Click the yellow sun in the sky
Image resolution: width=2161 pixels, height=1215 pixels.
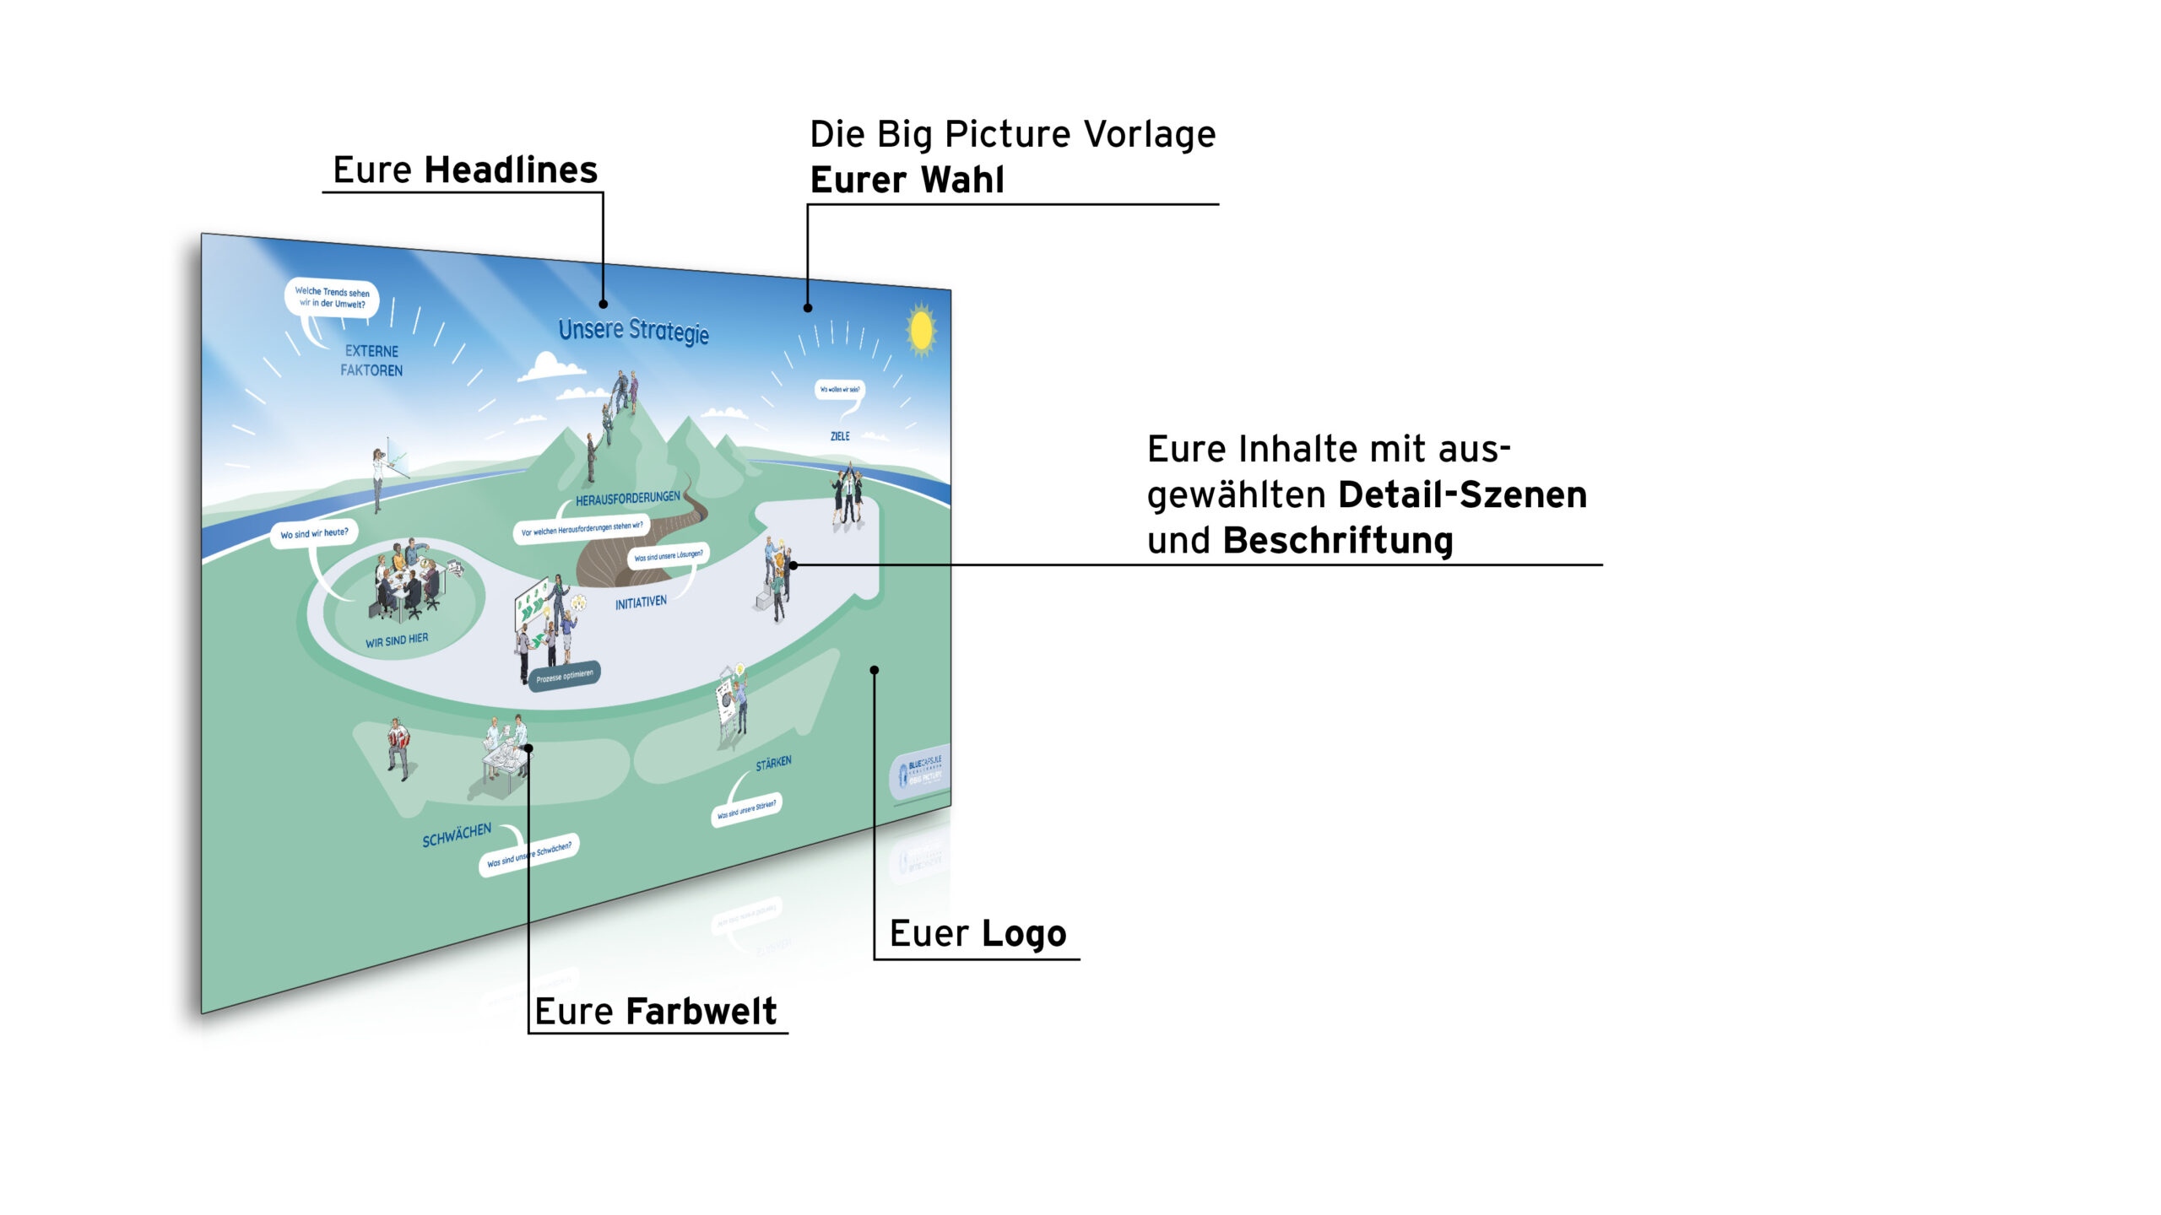pyautogui.click(x=920, y=329)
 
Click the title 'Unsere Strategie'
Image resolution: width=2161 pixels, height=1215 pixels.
pyautogui.click(x=633, y=330)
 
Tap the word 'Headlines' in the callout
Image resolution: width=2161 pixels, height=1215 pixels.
pyautogui.click(x=511, y=170)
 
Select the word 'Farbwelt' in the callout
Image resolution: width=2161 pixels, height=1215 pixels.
pyautogui.click(x=701, y=1011)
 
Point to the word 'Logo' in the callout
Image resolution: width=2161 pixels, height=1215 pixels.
pyautogui.click(x=1024, y=933)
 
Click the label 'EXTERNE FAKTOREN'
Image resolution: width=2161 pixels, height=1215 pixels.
pyautogui.click(x=371, y=360)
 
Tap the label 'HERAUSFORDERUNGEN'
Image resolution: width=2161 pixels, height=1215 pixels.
pyautogui.click(x=627, y=499)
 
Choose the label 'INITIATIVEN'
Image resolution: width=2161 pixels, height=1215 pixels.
pyautogui.click(x=641, y=602)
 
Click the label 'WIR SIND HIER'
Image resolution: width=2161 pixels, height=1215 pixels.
pyautogui.click(x=397, y=640)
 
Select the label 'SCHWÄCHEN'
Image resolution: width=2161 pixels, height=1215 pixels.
pyautogui.click(x=457, y=835)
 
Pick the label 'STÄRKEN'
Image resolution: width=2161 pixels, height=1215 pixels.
pyautogui.click(x=773, y=764)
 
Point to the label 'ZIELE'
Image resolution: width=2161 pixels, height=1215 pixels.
pyautogui.click(x=840, y=436)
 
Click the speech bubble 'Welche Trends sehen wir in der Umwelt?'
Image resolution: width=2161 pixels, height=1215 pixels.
pyautogui.click(x=332, y=298)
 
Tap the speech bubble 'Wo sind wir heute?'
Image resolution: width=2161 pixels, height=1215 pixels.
pyautogui.click(x=314, y=533)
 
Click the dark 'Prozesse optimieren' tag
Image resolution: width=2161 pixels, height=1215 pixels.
pyautogui.click(x=565, y=676)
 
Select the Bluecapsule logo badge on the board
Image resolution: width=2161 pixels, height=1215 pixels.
pyautogui.click(x=921, y=770)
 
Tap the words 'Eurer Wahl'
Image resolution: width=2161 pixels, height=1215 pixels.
pyautogui.click(x=907, y=180)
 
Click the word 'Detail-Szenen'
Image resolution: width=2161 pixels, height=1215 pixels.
pyautogui.click(x=1462, y=494)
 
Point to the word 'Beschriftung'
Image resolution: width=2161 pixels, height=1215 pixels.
pyautogui.click(x=1338, y=541)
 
